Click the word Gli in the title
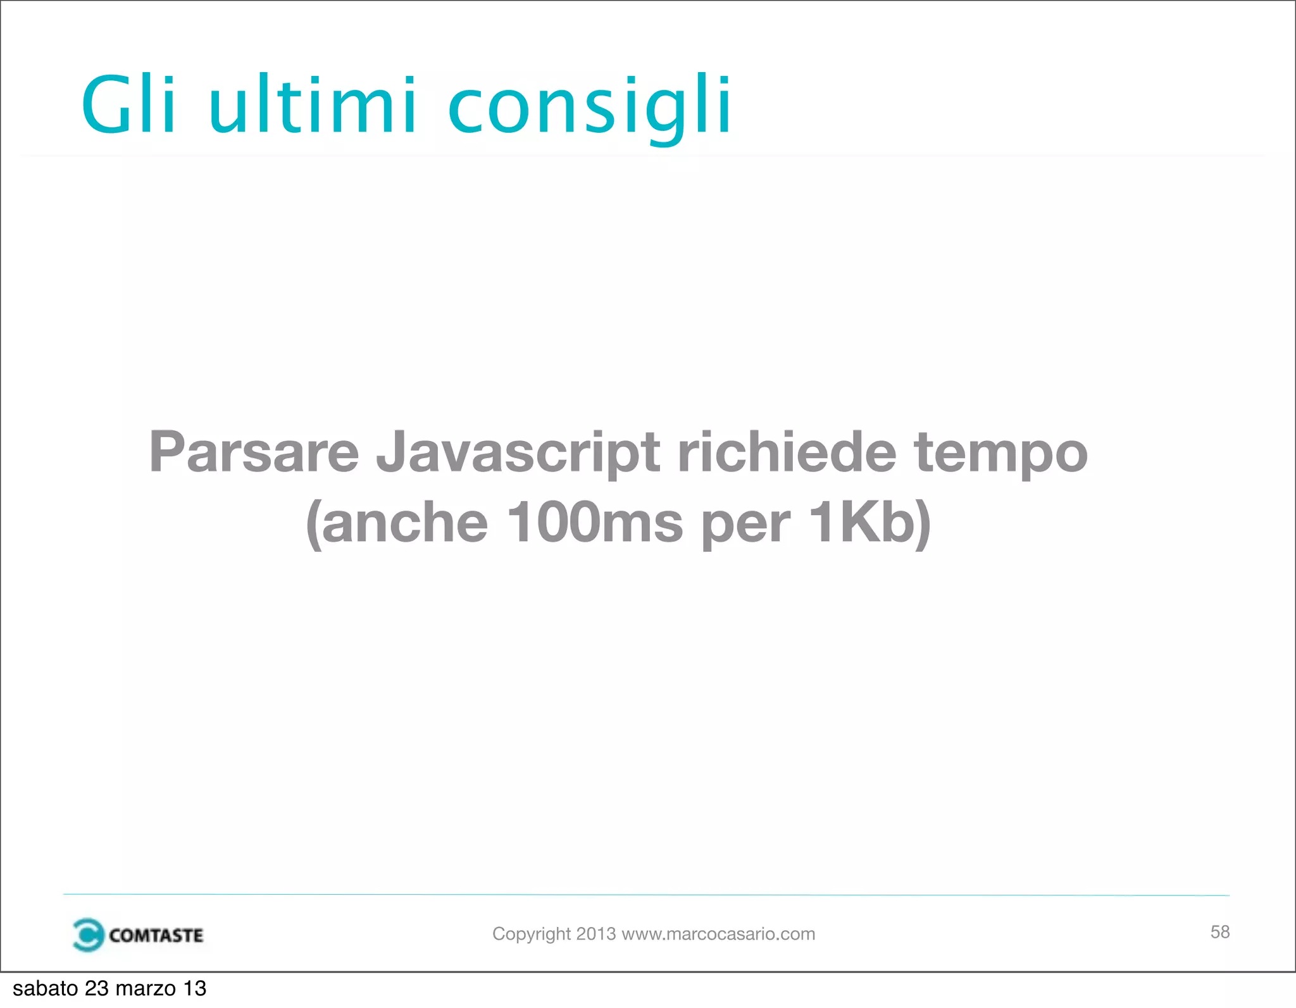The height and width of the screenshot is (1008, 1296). pyautogui.click(x=128, y=104)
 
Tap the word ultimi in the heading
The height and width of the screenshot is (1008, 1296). pyautogui.click(x=312, y=104)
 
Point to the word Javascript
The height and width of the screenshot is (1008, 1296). pyautogui.click(x=518, y=453)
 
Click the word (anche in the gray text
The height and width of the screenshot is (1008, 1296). pyautogui.click(x=397, y=523)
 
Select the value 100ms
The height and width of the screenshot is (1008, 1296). pyautogui.click(x=595, y=523)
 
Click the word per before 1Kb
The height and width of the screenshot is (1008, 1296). pyautogui.click(x=745, y=525)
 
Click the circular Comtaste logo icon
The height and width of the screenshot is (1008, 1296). pyautogui.click(x=87, y=935)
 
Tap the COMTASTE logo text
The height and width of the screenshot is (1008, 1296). pyautogui.click(x=156, y=935)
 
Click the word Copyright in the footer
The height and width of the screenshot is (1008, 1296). pyautogui.click(x=532, y=934)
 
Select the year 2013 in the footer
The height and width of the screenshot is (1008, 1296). pyautogui.click(x=595, y=933)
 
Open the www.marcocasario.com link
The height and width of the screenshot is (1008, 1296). pyautogui.click(x=718, y=934)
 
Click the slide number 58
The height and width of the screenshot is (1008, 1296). pyautogui.click(x=1219, y=931)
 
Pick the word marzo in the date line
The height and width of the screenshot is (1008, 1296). pyautogui.click(x=146, y=988)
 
